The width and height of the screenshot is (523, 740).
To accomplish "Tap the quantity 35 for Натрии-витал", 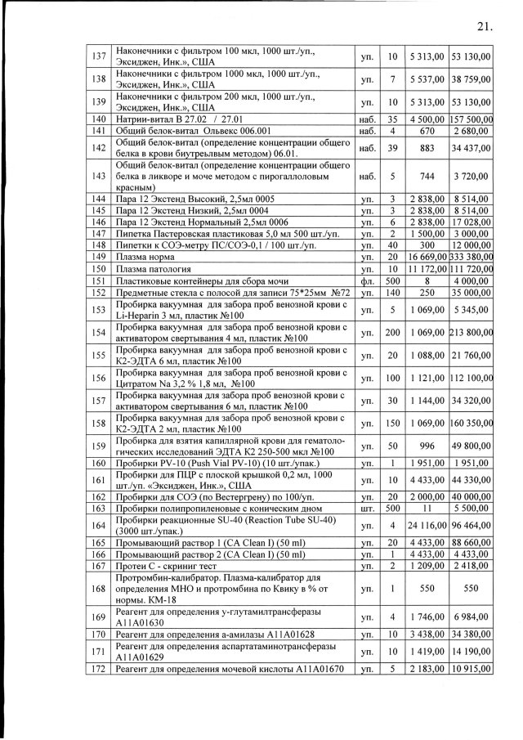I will pos(392,119).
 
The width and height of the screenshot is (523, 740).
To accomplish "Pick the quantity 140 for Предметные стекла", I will pos(392,293).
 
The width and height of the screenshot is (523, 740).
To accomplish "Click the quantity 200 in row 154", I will pos(392,333).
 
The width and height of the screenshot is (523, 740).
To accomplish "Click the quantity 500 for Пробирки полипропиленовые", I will pos(392,507).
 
